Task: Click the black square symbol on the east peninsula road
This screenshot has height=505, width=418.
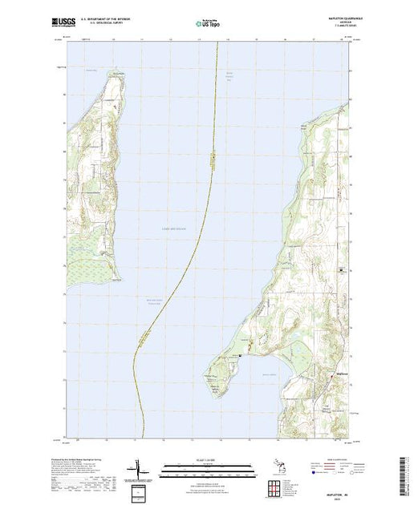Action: pos(343,270)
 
